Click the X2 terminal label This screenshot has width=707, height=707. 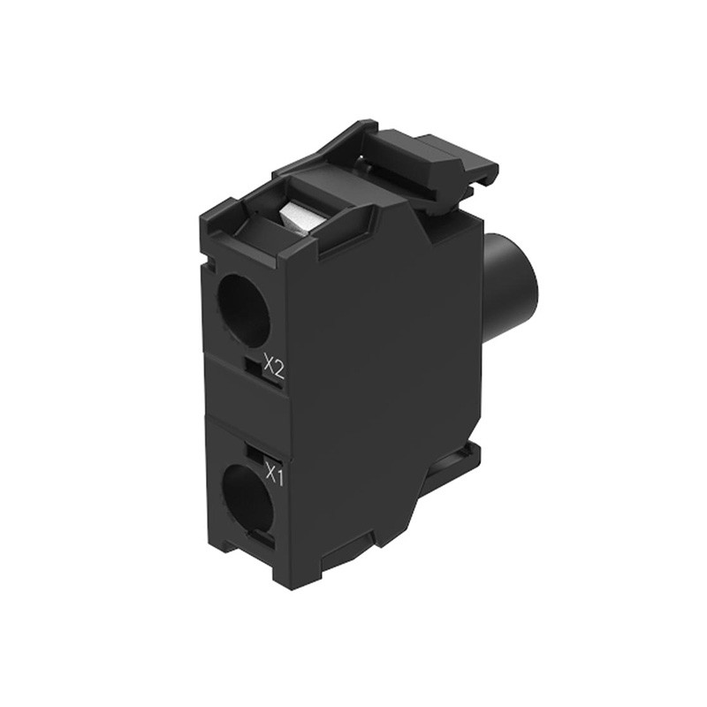coord(274,364)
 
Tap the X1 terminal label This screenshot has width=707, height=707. coord(273,477)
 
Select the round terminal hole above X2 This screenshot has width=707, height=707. coord(243,309)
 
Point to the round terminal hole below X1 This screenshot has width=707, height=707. coord(247,498)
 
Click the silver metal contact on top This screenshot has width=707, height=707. coord(296,217)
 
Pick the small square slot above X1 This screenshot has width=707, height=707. coord(255,453)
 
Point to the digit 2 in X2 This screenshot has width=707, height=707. coord(280,365)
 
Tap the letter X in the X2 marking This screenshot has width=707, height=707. coord(268,362)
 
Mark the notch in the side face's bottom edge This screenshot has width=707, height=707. coord(353,555)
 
